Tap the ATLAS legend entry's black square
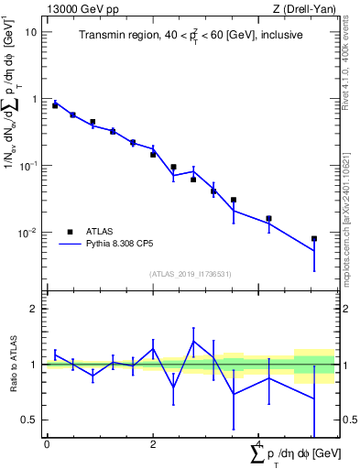70,232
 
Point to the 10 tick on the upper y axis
32,32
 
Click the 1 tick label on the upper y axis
34,99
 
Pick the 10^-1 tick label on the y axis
28,166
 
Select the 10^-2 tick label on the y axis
28,233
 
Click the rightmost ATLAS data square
314,239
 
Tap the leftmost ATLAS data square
55,105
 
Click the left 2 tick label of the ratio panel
34,309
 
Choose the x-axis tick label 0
47,444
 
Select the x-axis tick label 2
153,444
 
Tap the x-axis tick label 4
259,444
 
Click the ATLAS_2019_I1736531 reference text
191,274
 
